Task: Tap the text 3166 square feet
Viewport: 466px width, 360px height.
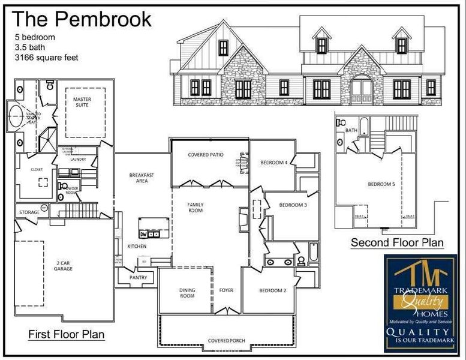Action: tap(47, 58)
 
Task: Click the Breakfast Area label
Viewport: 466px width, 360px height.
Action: tap(142, 178)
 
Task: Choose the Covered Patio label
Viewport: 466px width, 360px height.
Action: tap(206, 155)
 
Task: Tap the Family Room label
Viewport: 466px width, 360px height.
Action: tap(195, 208)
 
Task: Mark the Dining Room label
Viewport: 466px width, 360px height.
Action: tap(187, 293)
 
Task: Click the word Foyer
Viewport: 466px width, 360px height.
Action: tap(226, 291)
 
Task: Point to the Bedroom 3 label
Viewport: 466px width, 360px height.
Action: tap(293, 206)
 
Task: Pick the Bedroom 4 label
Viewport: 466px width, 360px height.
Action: tap(274, 163)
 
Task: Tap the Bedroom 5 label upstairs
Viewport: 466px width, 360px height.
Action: tap(381, 184)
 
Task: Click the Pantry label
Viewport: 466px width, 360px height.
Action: tap(139, 277)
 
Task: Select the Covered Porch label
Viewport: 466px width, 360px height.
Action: tap(226, 341)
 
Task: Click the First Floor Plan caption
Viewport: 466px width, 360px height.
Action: tap(67, 334)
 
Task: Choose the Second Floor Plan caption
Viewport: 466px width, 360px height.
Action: tap(397, 243)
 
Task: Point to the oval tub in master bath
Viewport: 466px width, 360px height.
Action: tap(15, 116)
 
